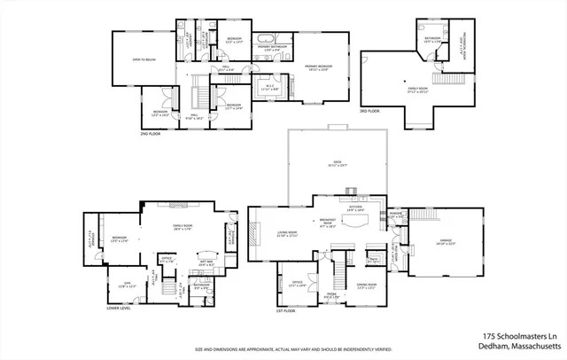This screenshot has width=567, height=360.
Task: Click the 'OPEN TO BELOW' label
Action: [x=144, y=60]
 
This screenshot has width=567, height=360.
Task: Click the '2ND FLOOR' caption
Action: [x=151, y=135]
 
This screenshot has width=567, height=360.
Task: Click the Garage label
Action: [x=445, y=241]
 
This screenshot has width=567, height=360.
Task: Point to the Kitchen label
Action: [x=356, y=208]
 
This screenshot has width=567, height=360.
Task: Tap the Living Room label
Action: [x=287, y=233]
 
